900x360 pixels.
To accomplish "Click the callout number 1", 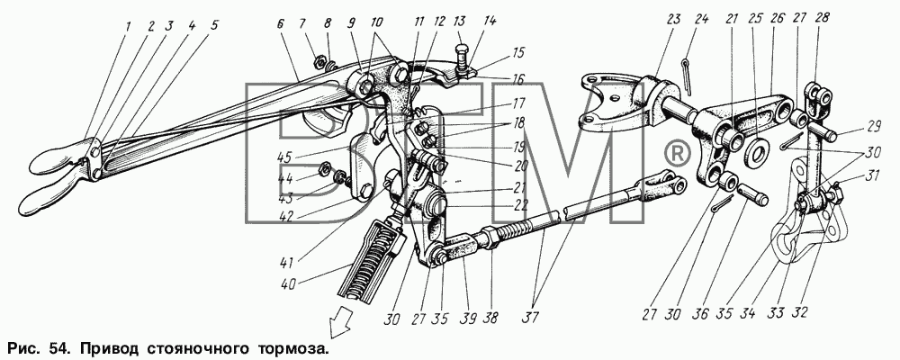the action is coord(128,26).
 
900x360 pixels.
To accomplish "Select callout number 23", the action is coord(673,20).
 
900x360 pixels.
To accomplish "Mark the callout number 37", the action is coord(540,318).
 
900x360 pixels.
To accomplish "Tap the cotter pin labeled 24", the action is coord(688,76).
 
